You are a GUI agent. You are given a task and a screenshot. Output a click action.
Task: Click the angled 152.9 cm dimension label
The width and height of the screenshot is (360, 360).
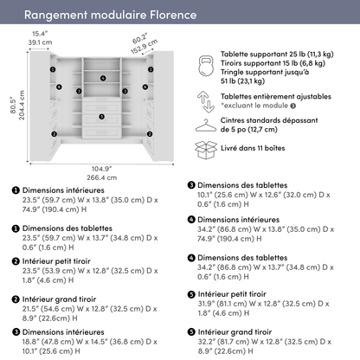[144, 46]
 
